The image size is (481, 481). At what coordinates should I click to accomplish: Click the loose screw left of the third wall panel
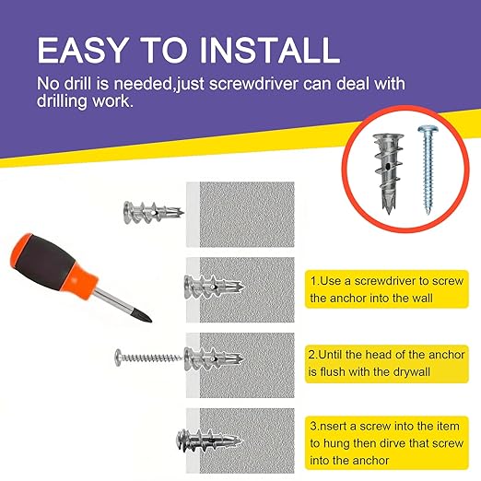[x=147, y=355]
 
